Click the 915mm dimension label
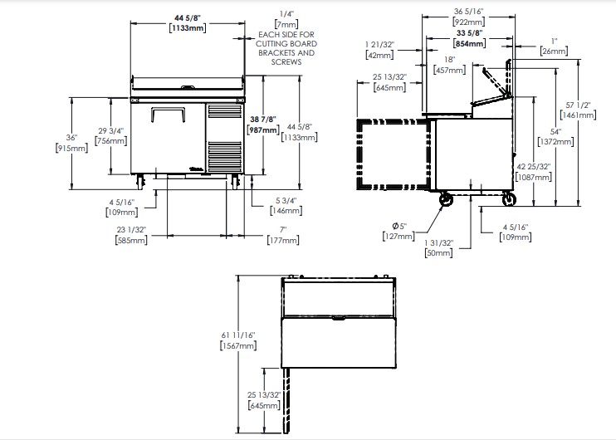pos(72,148)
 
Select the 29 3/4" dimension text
pos(110,130)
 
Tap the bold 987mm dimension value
pos(263,130)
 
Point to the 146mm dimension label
pos(286,211)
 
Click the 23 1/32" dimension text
pos(131,229)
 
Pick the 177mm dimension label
pos(283,240)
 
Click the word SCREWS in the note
pos(286,62)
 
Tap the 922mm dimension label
pos(469,22)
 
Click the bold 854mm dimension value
pos(469,43)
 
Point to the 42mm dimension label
pos(379,55)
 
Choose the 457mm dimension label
pos(449,70)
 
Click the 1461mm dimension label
pos(578,115)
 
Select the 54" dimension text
pos(555,132)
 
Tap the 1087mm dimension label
pos(534,177)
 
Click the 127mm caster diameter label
pos(398,236)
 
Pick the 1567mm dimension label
pos(238,345)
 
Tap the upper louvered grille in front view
pos(224,111)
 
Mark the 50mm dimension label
pos(438,253)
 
